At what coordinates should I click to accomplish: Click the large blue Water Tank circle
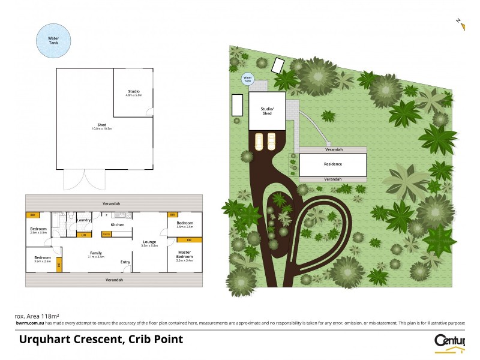tap(53, 40)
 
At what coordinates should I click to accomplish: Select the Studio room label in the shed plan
tap(133, 92)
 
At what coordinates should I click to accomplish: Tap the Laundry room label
tap(83, 220)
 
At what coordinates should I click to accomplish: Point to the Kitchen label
tap(117, 224)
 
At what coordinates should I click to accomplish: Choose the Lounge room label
tap(149, 243)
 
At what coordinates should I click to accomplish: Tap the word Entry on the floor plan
tap(125, 262)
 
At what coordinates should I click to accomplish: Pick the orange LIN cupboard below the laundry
tap(83, 234)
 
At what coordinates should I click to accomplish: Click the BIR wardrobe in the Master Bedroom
tap(188, 240)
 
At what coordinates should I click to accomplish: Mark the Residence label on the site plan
tap(332, 164)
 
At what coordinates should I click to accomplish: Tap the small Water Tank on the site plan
tap(247, 79)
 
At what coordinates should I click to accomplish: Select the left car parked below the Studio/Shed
tap(259, 142)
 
